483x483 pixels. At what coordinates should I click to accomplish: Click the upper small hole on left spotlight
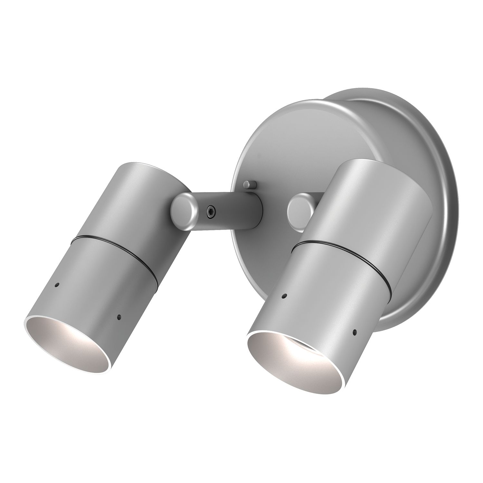(57, 285)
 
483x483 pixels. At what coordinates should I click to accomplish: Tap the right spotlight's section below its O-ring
(322, 290)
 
